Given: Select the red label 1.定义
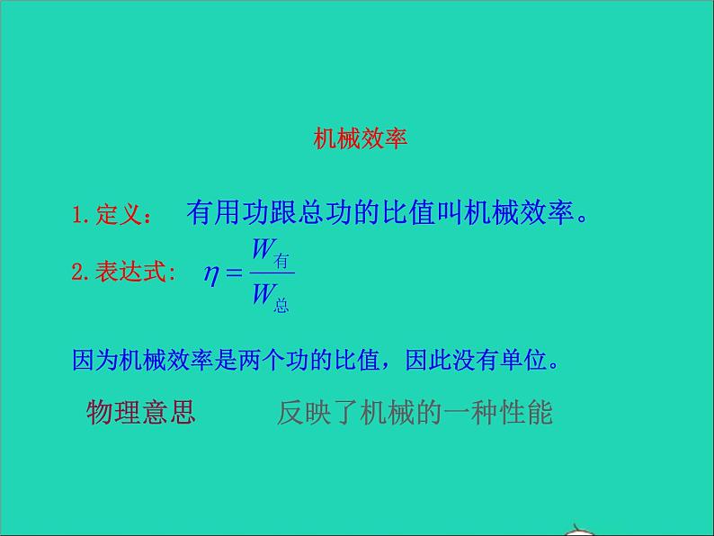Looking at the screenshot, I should (111, 216).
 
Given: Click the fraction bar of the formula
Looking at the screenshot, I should (272, 272).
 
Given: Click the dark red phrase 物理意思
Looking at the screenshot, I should (140, 412).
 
